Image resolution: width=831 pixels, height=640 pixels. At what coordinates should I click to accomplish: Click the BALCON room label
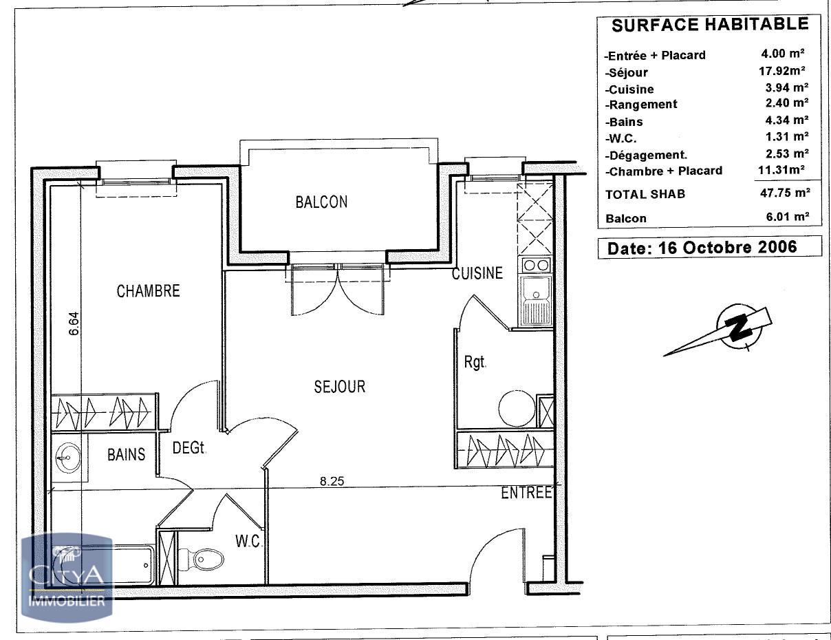[x=322, y=202]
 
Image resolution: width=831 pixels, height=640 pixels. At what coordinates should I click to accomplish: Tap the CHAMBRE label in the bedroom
[x=148, y=291]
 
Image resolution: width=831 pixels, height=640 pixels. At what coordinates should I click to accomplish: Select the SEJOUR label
[x=340, y=387]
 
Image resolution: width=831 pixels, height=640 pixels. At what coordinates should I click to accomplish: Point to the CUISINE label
[x=477, y=273]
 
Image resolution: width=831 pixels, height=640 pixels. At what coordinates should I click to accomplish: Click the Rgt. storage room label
[x=475, y=362]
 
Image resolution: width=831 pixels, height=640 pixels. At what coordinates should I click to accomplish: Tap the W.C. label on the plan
[x=248, y=542]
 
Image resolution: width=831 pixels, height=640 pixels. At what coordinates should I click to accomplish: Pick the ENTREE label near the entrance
[x=526, y=493]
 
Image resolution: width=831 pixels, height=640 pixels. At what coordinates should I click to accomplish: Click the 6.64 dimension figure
[x=74, y=323]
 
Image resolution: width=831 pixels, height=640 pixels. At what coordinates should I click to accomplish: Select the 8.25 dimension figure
[x=332, y=481]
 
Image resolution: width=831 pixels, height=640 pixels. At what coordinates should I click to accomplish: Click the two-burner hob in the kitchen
[x=535, y=265]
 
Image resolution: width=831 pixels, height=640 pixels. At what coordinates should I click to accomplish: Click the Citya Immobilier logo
[x=67, y=577]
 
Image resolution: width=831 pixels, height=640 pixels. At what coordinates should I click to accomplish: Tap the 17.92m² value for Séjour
[x=782, y=71]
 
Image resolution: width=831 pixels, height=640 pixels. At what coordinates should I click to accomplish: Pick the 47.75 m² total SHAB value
[x=785, y=193]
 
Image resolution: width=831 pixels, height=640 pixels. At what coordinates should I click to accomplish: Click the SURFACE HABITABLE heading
[x=710, y=25]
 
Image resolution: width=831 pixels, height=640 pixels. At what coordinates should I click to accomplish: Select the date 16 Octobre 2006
[x=728, y=248]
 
